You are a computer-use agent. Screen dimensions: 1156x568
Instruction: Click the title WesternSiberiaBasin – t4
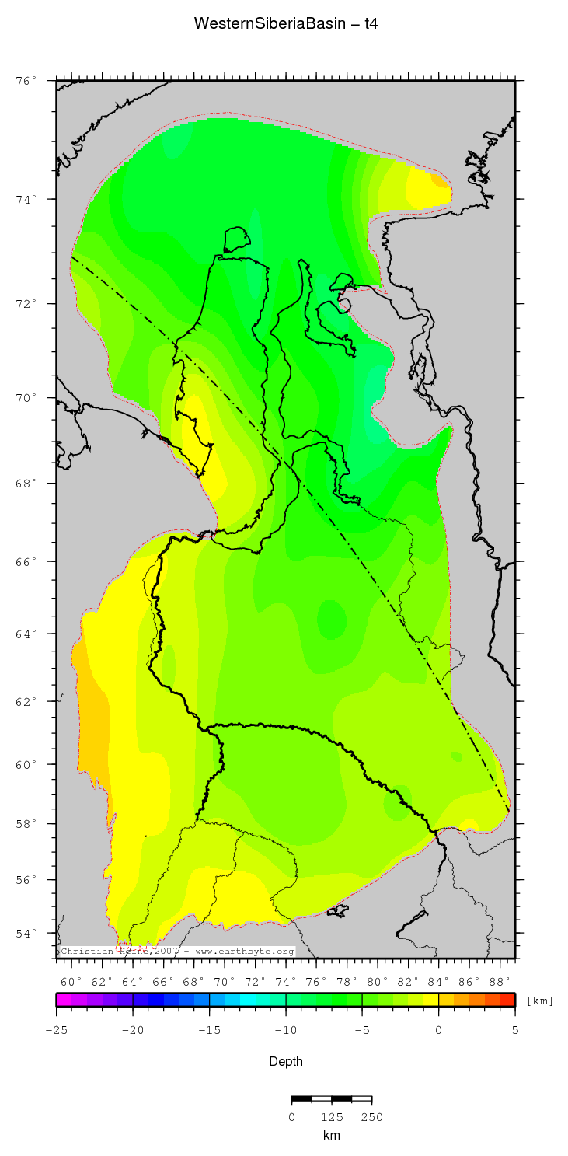pyautogui.click(x=285, y=24)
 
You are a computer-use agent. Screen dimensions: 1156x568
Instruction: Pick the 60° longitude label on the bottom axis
pyautogui.click(x=71, y=982)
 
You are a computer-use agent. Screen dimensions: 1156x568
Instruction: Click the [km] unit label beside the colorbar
pyautogui.click(x=540, y=1001)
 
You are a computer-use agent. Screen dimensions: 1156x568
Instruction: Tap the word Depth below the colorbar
pyautogui.click(x=286, y=1061)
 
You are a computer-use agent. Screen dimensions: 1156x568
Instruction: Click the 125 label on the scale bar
pyautogui.click(x=332, y=1117)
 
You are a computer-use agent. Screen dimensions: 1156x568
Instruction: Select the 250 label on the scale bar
pyautogui.click(x=371, y=1117)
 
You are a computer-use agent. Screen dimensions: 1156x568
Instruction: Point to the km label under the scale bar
pyautogui.click(x=332, y=1136)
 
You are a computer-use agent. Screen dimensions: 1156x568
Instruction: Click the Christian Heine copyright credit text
pyautogui.click(x=176, y=951)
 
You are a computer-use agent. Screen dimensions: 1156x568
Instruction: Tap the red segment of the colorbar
pyautogui.click(x=507, y=1000)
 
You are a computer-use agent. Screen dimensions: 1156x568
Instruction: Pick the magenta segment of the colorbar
pyautogui.click(x=64, y=1000)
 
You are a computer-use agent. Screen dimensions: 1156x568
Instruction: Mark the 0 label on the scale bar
pyautogui.click(x=292, y=1117)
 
